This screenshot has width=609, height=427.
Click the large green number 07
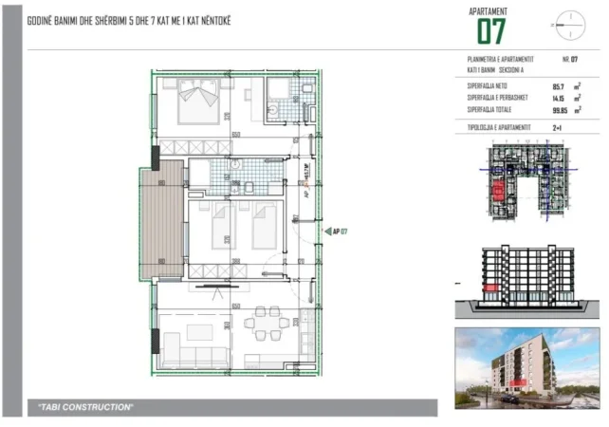(x=491, y=31)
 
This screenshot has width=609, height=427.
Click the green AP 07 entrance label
(x=339, y=231)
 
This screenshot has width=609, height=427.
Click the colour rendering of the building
(x=526, y=365)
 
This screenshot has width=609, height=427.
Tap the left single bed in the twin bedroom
(x=220, y=229)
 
